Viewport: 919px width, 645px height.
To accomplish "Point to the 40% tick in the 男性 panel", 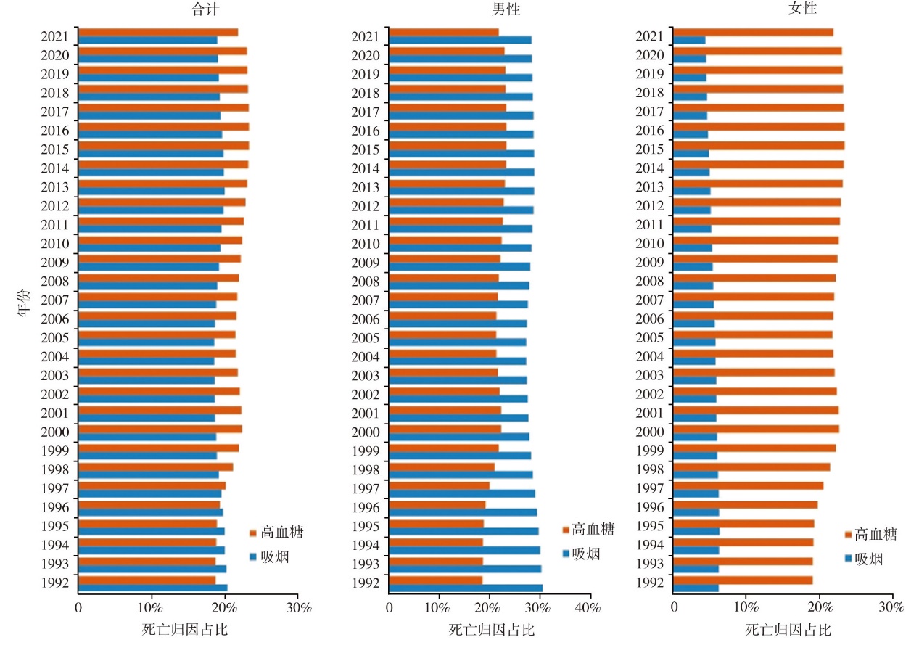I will (588, 607).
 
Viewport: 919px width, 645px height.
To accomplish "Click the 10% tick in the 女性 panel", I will (746, 607).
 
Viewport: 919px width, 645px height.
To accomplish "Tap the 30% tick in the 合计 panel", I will (298, 607).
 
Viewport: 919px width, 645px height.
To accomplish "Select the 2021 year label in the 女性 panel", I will (651, 36).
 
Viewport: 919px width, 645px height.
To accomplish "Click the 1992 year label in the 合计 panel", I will (56, 583).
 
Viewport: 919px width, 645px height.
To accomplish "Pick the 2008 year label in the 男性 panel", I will (366, 281).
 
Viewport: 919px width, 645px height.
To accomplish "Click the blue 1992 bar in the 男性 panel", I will (465, 588).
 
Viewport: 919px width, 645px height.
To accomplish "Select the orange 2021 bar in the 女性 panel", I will (753, 32).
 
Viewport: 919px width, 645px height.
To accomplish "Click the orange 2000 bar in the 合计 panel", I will (160, 429).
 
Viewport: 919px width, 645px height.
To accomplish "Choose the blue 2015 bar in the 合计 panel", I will (150, 153).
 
